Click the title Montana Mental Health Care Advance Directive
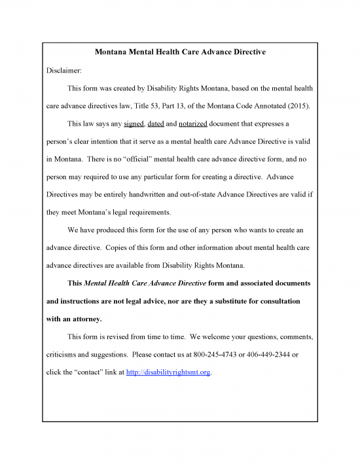click(x=180, y=52)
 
